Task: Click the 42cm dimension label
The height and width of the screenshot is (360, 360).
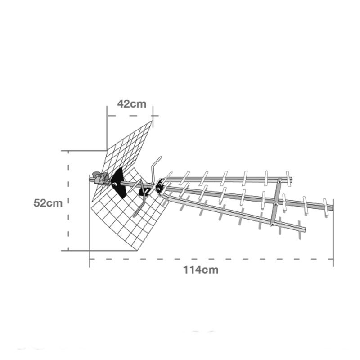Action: tap(132, 104)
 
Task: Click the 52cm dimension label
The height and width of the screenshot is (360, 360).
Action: tap(48, 203)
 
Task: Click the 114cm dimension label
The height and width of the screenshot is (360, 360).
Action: tap(201, 270)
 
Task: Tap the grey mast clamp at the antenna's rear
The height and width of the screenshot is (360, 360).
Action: tap(100, 178)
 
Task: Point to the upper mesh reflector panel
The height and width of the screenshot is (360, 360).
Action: tap(124, 158)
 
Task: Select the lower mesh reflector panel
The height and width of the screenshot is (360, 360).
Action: tap(129, 213)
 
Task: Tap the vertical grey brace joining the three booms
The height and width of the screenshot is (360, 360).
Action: tap(276, 202)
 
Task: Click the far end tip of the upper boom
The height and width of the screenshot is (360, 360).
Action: tap(291, 179)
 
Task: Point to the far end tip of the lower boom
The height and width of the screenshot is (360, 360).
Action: tap(305, 229)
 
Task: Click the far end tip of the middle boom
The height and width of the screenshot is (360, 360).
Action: tap(332, 208)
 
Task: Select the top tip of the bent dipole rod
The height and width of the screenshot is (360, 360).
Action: tap(161, 157)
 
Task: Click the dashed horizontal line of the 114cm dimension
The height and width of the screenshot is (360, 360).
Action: tap(211, 259)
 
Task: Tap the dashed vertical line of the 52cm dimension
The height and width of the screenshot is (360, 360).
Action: tap(68, 201)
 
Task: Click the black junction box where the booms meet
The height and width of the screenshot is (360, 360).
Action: tap(160, 186)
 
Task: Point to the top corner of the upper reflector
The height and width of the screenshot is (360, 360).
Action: tap(152, 121)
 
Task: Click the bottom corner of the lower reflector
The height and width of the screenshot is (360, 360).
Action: tap(138, 250)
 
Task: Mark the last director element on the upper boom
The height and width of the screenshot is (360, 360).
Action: tap(288, 179)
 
